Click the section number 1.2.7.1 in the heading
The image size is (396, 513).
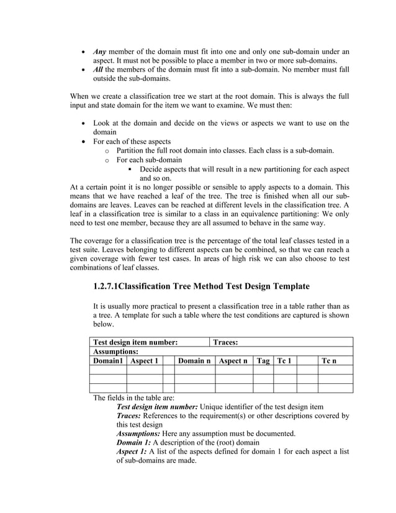(x=105, y=286)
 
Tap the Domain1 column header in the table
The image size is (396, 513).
(x=109, y=361)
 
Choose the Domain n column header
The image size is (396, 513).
(x=194, y=361)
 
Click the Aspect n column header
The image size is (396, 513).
(x=233, y=361)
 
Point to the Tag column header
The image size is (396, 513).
(x=263, y=361)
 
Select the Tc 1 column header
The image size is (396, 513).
(x=284, y=361)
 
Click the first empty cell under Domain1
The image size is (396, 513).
(x=109, y=370)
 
